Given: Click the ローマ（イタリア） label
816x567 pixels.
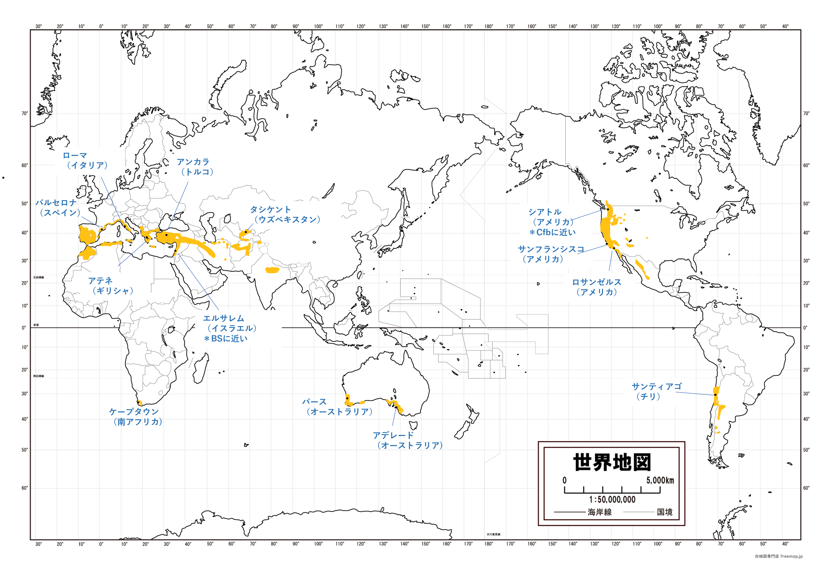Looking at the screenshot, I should click(85, 161).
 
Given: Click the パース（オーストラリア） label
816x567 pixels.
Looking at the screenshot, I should click(337, 407).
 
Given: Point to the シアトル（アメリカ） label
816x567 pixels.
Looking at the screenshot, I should click(551, 217).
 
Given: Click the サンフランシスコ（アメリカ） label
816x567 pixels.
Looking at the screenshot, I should click(550, 254).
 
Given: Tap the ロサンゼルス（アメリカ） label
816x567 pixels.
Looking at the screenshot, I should click(596, 287).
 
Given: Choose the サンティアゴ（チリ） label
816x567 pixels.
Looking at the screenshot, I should click(656, 391).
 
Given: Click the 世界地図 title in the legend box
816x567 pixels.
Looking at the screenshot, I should click(612, 462).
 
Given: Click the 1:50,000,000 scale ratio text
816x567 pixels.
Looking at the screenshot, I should click(612, 499).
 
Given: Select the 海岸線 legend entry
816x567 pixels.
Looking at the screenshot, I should click(599, 512).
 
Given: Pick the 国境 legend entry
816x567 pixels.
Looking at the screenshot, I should click(664, 512).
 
